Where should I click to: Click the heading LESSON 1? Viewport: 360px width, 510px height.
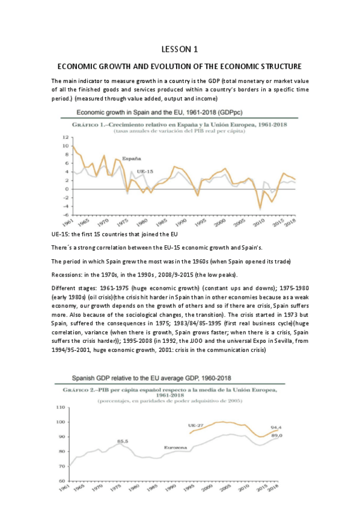180,49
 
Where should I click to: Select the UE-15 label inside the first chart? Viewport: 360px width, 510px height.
144,171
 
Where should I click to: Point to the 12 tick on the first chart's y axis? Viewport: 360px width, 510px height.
64,137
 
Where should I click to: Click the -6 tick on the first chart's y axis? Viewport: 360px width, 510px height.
64,215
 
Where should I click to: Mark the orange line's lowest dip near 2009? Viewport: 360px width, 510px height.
260,208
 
